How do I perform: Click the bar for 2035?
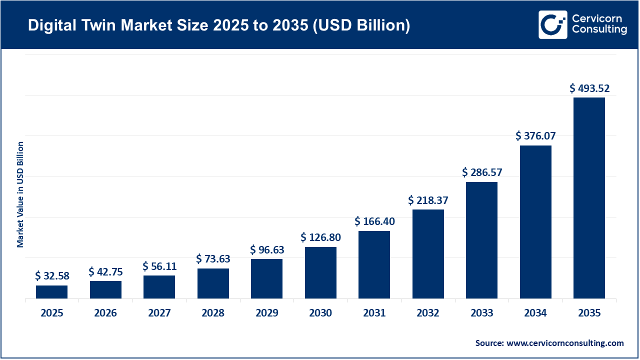[x=589, y=198]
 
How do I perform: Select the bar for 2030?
[x=320, y=272]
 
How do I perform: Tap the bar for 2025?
[x=52, y=292]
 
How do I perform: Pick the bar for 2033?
[x=481, y=240]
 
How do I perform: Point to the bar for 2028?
[x=213, y=283]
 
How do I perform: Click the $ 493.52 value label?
[x=589, y=88]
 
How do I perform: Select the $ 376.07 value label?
[x=535, y=136]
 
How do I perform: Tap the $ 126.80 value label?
[x=320, y=237]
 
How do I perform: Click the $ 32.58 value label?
[x=52, y=275]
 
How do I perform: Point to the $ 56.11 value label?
[x=159, y=266]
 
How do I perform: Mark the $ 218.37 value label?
[x=428, y=200]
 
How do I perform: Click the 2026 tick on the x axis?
[x=105, y=313]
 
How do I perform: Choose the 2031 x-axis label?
[x=374, y=313]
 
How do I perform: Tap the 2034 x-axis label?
[x=535, y=313]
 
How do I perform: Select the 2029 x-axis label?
[x=266, y=313]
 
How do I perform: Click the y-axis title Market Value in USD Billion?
[x=20, y=194]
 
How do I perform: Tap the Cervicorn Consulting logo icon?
[x=552, y=24]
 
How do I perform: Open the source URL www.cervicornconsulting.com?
[x=564, y=343]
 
